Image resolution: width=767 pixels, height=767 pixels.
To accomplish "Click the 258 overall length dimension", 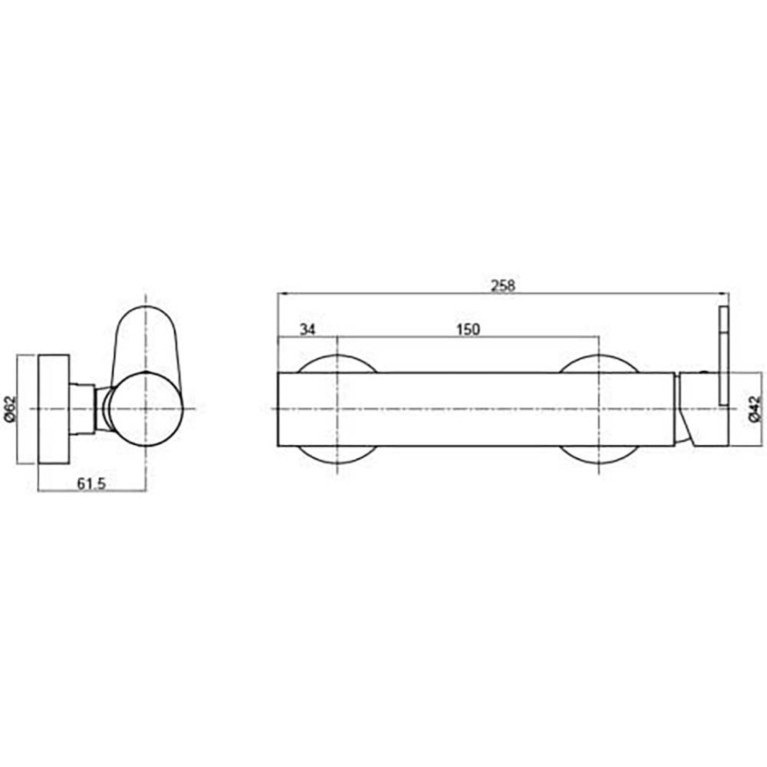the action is coord(503,285).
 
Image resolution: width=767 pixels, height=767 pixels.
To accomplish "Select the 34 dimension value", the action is coord(308,330).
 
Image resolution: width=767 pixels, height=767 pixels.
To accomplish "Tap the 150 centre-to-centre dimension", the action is coord(468,330).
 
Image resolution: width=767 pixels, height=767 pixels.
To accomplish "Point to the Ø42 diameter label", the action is coord(755,409).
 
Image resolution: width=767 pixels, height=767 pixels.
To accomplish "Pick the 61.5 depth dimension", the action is coord(91,484).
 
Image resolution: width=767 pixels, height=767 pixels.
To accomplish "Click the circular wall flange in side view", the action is coord(54,409).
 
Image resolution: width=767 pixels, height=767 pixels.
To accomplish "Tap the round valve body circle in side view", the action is coord(146,410).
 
